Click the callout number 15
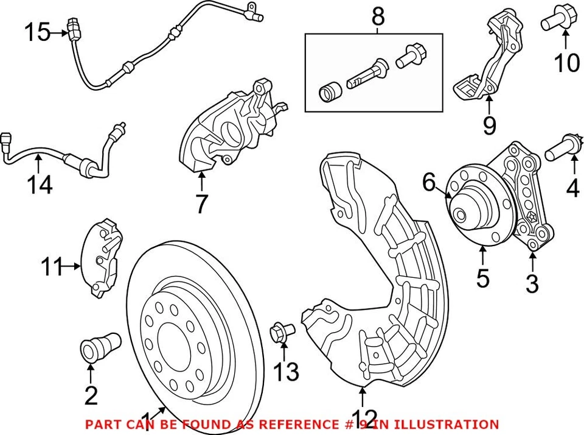pos(38,32)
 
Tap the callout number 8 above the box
pos(378,17)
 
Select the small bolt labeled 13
pos(281,331)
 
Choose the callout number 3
pos(532,283)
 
